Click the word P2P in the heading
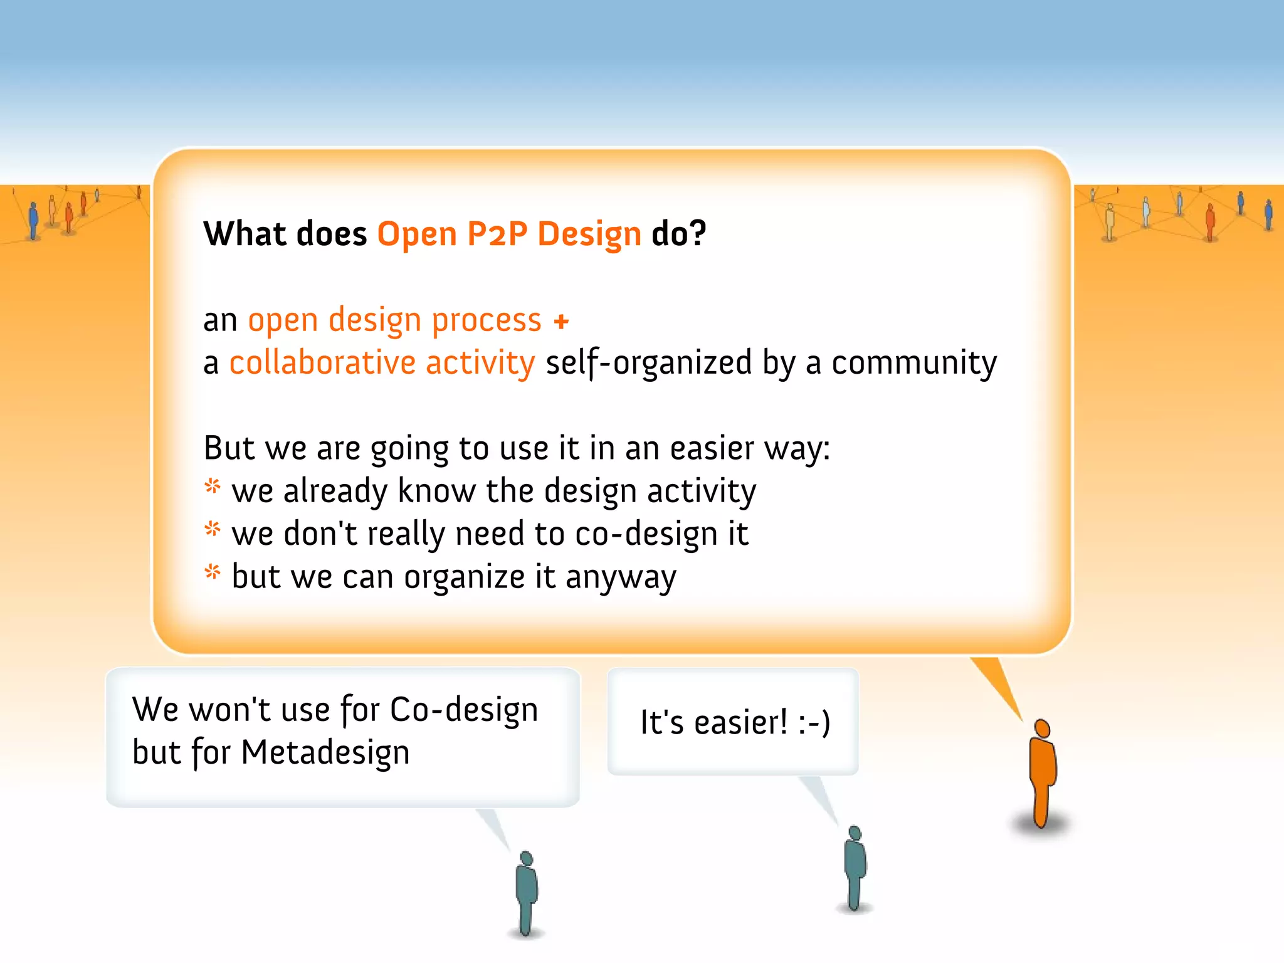click(x=497, y=234)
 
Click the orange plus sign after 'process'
click(x=561, y=322)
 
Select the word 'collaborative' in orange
click(x=322, y=362)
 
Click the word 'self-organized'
click(x=648, y=362)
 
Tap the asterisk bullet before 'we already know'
click(x=213, y=487)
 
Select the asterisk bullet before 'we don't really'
click(x=213, y=530)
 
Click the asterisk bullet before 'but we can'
click(x=213, y=572)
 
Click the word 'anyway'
click(x=621, y=577)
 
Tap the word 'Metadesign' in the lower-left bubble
click(x=325, y=752)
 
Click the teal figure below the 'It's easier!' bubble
click(x=855, y=868)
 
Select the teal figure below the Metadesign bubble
click(x=527, y=893)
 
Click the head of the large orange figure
click(x=1042, y=729)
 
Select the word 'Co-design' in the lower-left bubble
click(x=464, y=710)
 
